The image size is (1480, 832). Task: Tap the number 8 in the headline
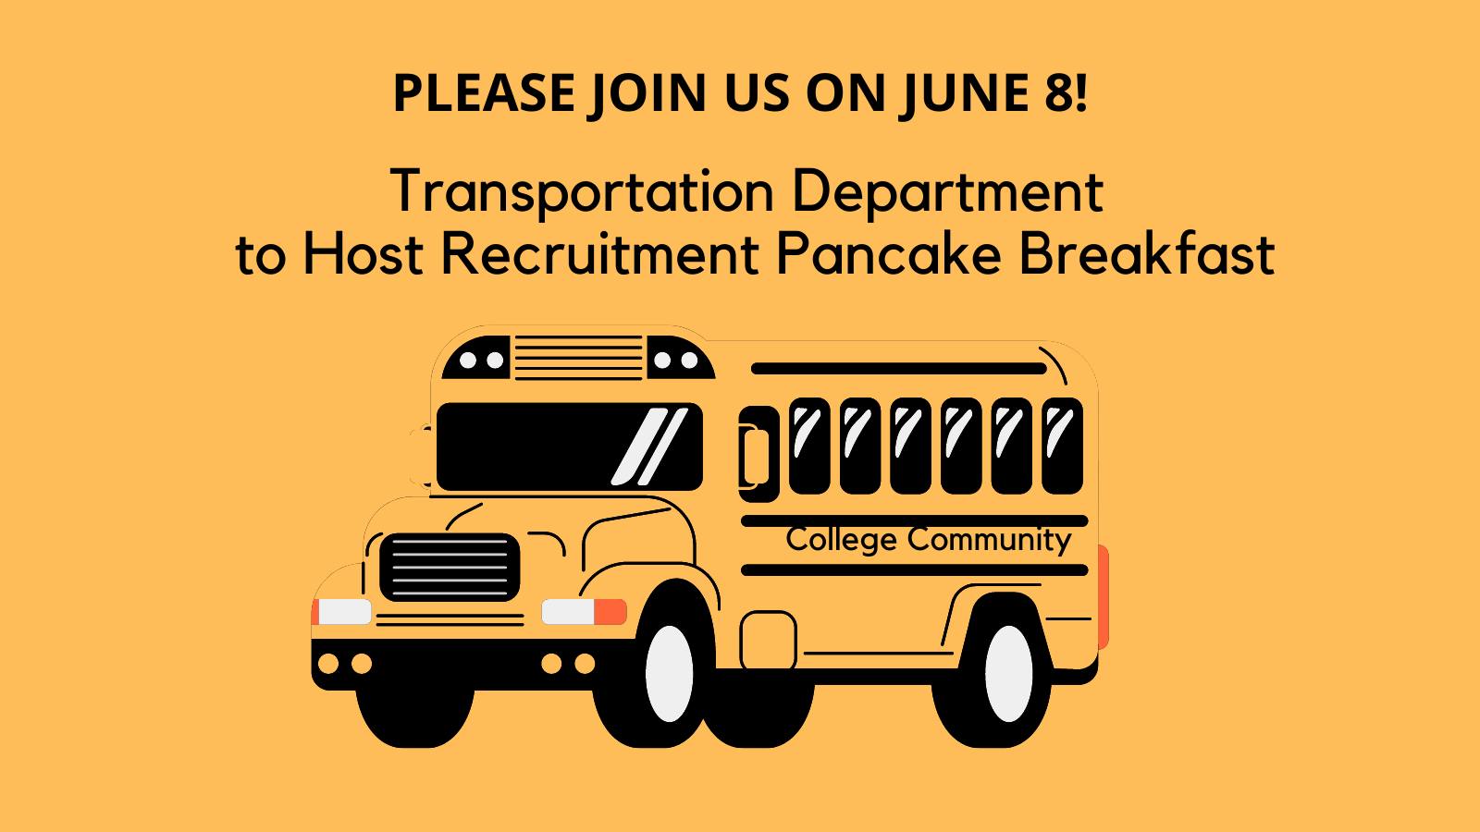[1059, 92]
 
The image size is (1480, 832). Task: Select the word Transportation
[582, 191]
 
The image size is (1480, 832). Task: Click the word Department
[947, 191]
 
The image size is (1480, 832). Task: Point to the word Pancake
[889, 254]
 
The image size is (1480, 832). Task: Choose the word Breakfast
[1147, 254]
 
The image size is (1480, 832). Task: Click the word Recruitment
[600, 254]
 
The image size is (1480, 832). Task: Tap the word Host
[363, 254]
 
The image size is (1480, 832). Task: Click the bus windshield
[570, 447]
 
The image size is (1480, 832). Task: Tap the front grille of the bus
[450, 568]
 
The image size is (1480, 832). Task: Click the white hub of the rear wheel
[1008, 674]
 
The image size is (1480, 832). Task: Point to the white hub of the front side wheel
[670, 674]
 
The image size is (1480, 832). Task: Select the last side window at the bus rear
[1063, 446]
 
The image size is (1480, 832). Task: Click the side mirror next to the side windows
[758, 454]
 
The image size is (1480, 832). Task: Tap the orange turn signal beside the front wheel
[610, 611]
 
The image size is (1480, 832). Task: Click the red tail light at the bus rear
[1104, 597]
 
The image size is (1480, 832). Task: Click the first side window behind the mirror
[810, 446]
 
